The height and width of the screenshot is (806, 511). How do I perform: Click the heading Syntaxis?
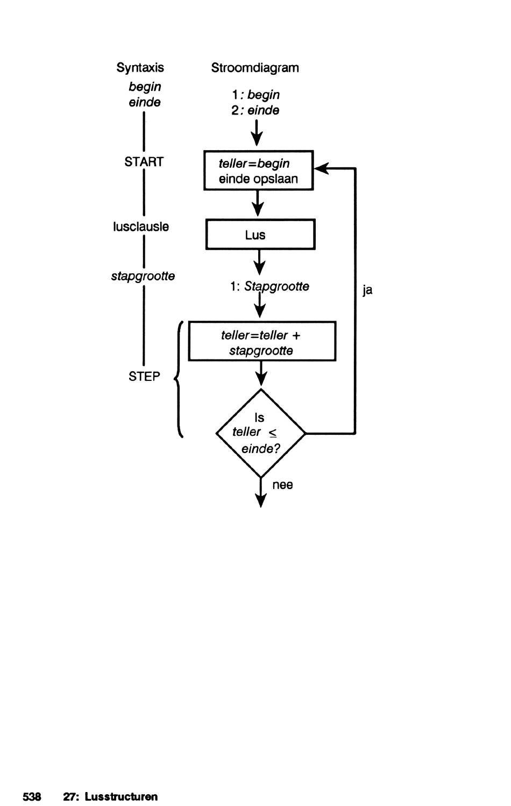(x=140, y=68)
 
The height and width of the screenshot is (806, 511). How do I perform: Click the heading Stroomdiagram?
(x=255, y=68)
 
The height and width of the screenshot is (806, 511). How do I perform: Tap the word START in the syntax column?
(x=144, y=161)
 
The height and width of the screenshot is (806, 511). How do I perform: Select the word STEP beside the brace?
(x=144, y=377)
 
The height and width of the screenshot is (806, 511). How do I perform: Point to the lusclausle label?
(x=141, y=227)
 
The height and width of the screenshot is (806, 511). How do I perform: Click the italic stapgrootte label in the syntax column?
(x=143, y=277)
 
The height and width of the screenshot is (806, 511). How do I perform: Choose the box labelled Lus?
(x=260, y=234)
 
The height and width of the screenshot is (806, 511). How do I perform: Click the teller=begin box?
(x=259, y=170)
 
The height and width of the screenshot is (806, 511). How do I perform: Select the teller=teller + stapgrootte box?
(x=262, y=341)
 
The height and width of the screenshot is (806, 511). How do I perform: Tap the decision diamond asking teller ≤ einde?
(x=261, y=433)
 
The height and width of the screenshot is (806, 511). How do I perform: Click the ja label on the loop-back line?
(x=367, y=291)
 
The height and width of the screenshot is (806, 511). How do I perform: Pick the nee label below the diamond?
(x=282, y=485)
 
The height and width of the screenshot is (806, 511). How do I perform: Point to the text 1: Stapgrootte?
(x=269, y=286)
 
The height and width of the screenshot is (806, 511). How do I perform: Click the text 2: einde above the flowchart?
(x=256, y=110)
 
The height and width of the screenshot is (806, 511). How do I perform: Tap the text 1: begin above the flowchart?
(x=256, y=95)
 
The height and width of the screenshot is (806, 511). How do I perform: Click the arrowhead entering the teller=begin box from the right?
(x=322, y=168)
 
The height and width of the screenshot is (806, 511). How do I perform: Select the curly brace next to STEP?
(x=179, y=379)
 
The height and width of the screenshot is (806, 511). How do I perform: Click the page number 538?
(x=32, y=796)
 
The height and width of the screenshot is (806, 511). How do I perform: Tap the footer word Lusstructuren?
(x=121, y=796)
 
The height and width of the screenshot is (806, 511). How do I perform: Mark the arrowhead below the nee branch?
(x=261, y=500)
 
